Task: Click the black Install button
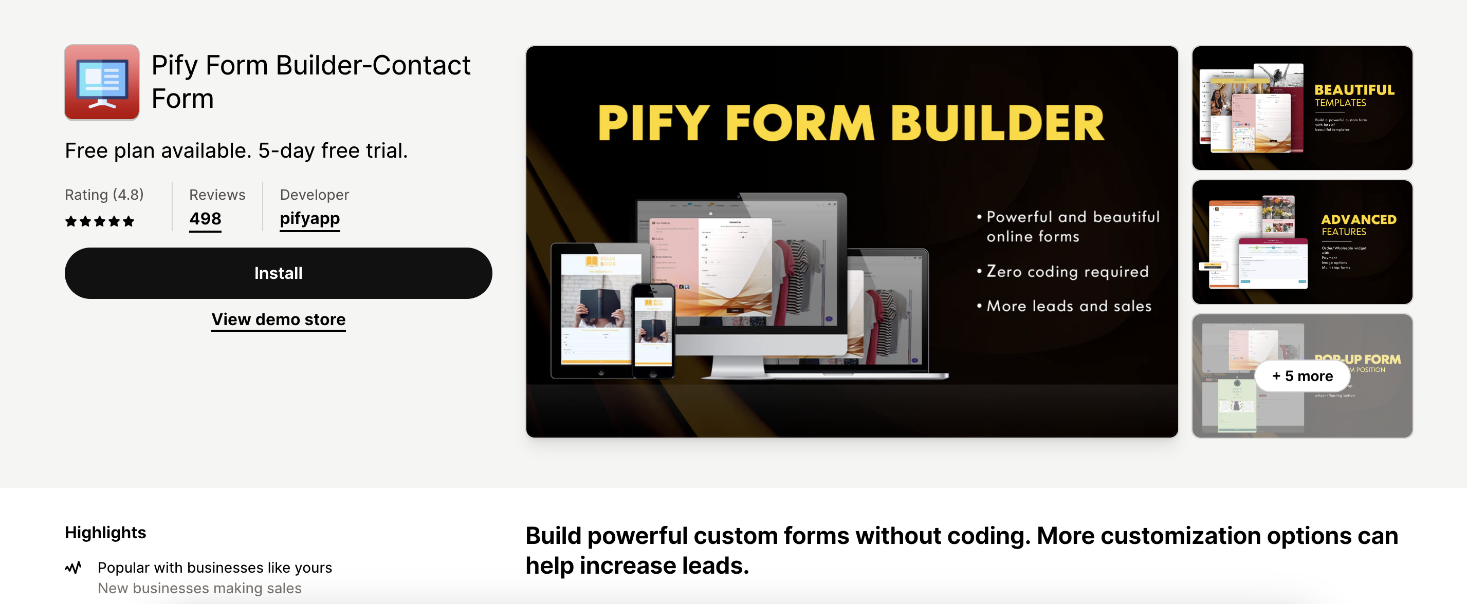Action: click(278, 273)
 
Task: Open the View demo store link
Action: click(279, 319)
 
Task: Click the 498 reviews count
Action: click(205, 219)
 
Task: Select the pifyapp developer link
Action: click(310, 219)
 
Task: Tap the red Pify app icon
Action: click(102, 83)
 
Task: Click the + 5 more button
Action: click(1302, 376)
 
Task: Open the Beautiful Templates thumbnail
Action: click(1302, 108)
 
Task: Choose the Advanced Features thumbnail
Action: click(1302, 242)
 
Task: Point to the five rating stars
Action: click(100, 221)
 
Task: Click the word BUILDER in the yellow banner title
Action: click(997, 124)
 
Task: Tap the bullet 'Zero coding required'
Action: click(1067, 272)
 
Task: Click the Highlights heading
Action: click(105, 533)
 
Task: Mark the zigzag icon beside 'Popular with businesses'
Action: click(74, 568)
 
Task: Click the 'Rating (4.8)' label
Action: click(104, 195)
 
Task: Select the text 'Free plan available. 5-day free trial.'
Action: click(236, 151)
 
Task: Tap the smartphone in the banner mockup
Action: click(653, 331)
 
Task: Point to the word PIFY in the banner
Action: click(653, 124)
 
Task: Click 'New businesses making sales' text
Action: click(199, 588)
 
